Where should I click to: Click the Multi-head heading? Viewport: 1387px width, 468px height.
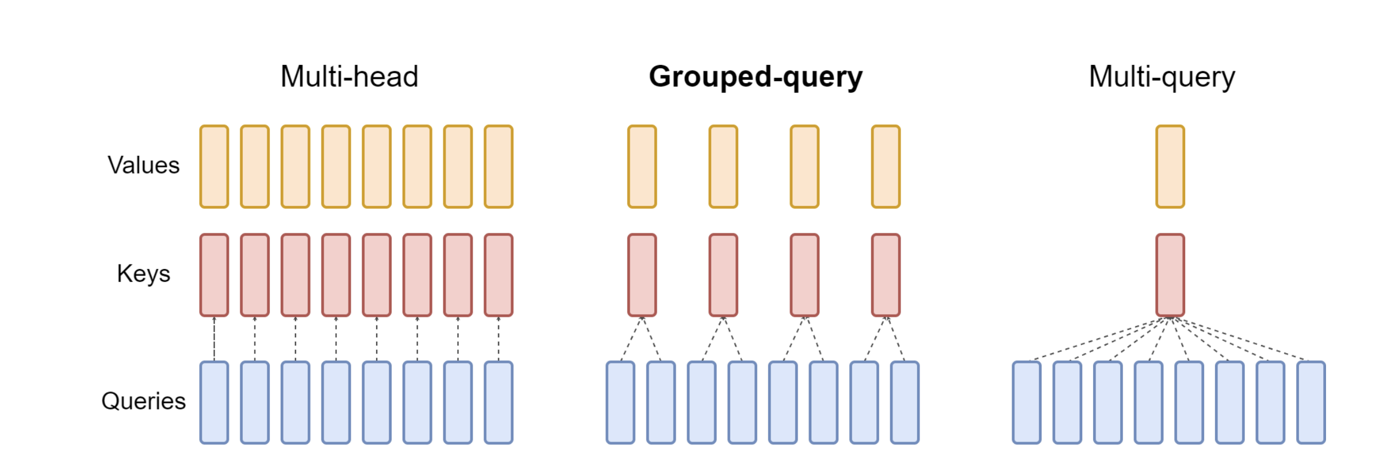(349, 76)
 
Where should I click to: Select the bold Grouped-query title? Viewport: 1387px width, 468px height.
(756, 77)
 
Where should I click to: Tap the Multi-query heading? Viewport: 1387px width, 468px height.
(1162, 77)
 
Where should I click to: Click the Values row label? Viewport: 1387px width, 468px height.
(143, 165)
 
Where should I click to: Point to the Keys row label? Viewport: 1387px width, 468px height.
(143, 274)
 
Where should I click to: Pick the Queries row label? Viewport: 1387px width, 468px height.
(143, 401)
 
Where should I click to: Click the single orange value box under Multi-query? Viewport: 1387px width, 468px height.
(1170, 166)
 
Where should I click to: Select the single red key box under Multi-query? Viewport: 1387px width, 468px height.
(1170, 275)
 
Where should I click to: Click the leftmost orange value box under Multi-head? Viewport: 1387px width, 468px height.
(214, 166)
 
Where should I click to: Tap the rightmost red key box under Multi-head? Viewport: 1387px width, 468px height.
(499, 275)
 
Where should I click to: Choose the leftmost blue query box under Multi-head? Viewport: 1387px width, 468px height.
(214, 402)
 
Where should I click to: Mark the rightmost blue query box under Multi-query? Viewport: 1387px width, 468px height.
(1311, 402)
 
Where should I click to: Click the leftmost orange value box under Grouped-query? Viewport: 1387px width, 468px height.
(642, 166)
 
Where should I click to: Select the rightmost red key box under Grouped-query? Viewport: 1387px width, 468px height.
(886, 275)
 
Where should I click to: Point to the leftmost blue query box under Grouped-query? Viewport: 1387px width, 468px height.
(620, 402)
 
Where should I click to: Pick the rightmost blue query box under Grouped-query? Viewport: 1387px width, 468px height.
(905, 402)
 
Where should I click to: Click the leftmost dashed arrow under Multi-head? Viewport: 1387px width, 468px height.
(214, 339)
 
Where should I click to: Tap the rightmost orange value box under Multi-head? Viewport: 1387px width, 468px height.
(499, 166)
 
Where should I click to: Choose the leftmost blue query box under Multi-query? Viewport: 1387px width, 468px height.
(1026, 402)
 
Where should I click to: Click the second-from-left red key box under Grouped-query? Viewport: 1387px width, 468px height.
(723, 275)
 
